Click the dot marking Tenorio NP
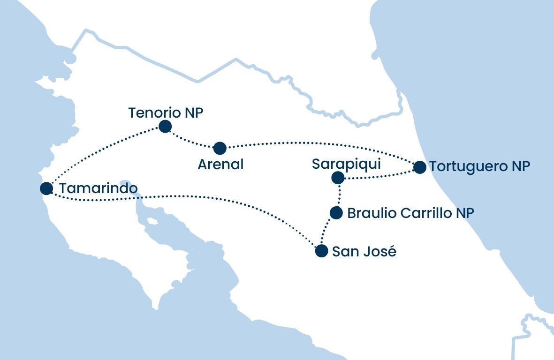click(x=165, y=127)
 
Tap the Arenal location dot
click(x=220, y=148)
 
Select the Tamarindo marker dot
click(x=46, y=188)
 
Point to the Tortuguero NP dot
click(x=420, y=167)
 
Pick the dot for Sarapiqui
click(x=337, y=178)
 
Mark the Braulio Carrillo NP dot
click(x=336, y=213)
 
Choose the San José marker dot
click(x=321, y=251)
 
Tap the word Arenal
click(x=220, y=165)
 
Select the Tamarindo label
click(x=99, y=189)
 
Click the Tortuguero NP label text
click(x=479, y=167)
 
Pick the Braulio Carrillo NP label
click(x=410, y=213)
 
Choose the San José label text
click(x=364, y=252)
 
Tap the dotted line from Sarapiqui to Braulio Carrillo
click(x=339, y=195)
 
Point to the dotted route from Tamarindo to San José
click(x=188, y=196)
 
